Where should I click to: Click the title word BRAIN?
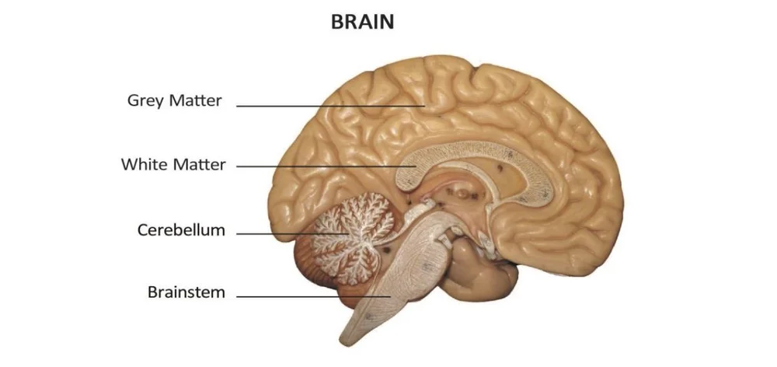tap(363, 23)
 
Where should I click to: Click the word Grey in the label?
tap(145, 101)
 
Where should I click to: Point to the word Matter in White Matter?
tap(198, 165)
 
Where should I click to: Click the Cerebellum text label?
tap(181, 230)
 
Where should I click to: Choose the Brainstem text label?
tap(186, 293)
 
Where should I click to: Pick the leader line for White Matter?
tap(326, 166)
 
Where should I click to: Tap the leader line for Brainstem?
tap(311, 296)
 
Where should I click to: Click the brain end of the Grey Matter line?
tap(424, 105)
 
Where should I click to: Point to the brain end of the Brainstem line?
tap(389, 296)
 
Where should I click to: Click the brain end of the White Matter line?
tap(416, 166)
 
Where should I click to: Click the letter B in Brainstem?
tap(152, 293)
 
